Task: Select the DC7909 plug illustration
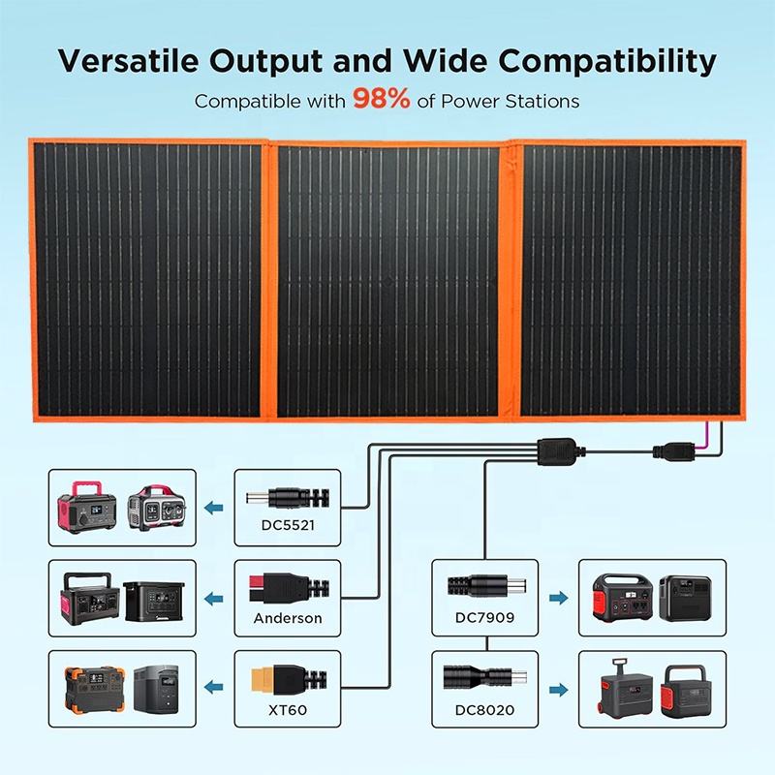coord(484,587)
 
